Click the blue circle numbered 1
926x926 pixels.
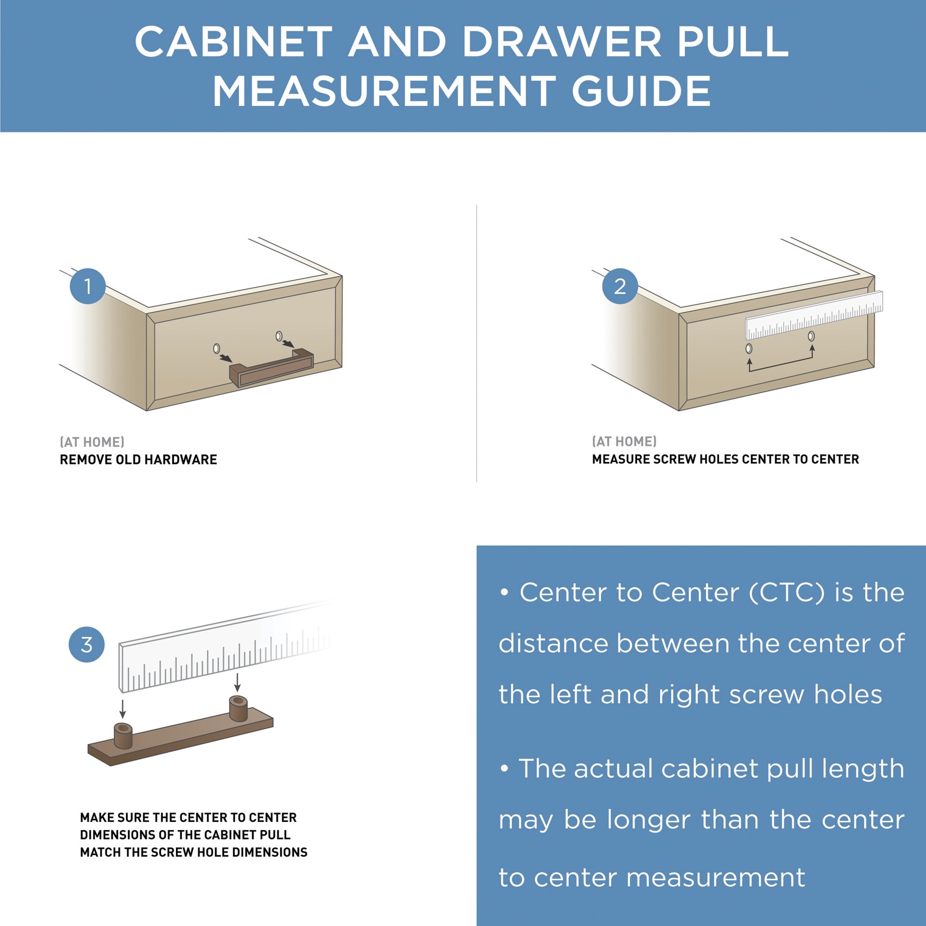(x=88, y=286)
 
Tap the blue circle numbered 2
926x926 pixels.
(x=620, y=286)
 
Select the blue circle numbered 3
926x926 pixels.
(x=87, y=644)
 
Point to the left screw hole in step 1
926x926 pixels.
(x=217, y=348)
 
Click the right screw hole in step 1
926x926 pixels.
(x=279, y=336)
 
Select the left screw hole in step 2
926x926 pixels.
(x=749, y=348)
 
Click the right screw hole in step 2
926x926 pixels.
(x=811, y=336)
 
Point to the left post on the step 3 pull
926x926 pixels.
(x=123, y=735)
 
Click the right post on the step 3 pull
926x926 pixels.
(x=238, y=708)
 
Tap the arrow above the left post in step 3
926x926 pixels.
(x=123, y=708)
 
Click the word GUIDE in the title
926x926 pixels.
(x=641, y=91)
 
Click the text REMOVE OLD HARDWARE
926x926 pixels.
(x=138, y=459)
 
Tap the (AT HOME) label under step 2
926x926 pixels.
(x=624, y=441)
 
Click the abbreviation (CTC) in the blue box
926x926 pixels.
(x=787, y=592)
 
